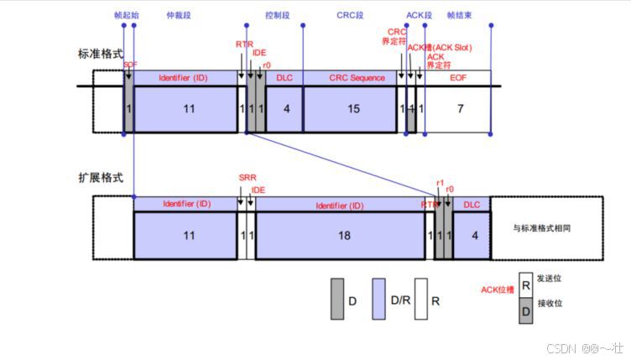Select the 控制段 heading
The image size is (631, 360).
277,15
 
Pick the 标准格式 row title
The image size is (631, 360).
100,54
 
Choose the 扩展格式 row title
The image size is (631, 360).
100,178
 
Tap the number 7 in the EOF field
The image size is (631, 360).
458,109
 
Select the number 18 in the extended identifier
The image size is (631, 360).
343,237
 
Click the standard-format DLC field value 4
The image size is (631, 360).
285,109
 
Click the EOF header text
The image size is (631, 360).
458,78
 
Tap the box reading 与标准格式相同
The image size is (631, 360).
546,227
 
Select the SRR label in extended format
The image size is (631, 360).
247,178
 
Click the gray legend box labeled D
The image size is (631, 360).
337,299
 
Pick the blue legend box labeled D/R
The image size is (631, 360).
378,299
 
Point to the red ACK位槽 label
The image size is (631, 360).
497,290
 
